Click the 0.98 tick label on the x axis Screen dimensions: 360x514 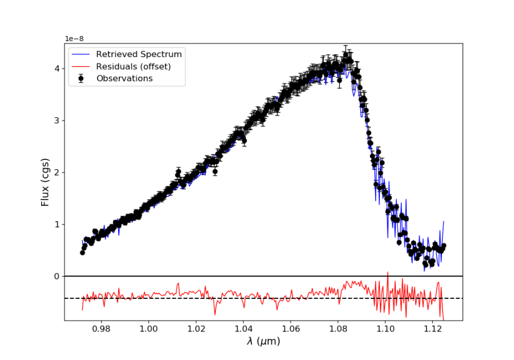(x=101, y=329)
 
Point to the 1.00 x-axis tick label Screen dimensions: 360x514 (x=148, y=329)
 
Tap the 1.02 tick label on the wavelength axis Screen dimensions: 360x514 (x=196, y=329)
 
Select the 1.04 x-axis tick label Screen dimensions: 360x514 (x=243, y=329)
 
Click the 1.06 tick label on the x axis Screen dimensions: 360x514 (x=291, y=329)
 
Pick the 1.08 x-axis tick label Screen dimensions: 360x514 (x=338, y=329)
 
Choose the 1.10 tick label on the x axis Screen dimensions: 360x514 (x=385, y=329)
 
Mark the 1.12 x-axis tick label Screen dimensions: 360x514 (x=433, y=329)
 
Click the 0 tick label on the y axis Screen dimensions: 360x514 (x=56, y=277)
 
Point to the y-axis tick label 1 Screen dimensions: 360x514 (x=56, y=225)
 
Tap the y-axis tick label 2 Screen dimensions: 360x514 (x=56, y=173)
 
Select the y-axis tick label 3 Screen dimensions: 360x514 (x=56, y=121)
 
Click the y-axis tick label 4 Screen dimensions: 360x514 (x=56, y=69)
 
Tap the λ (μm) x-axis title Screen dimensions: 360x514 (x=263, y=342)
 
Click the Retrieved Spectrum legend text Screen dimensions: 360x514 (x=139, y=54)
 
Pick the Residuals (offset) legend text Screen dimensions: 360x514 (x=133, y=66)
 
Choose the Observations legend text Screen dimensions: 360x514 (x=124, y=78)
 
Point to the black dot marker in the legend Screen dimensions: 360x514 (x=81, y=78)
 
